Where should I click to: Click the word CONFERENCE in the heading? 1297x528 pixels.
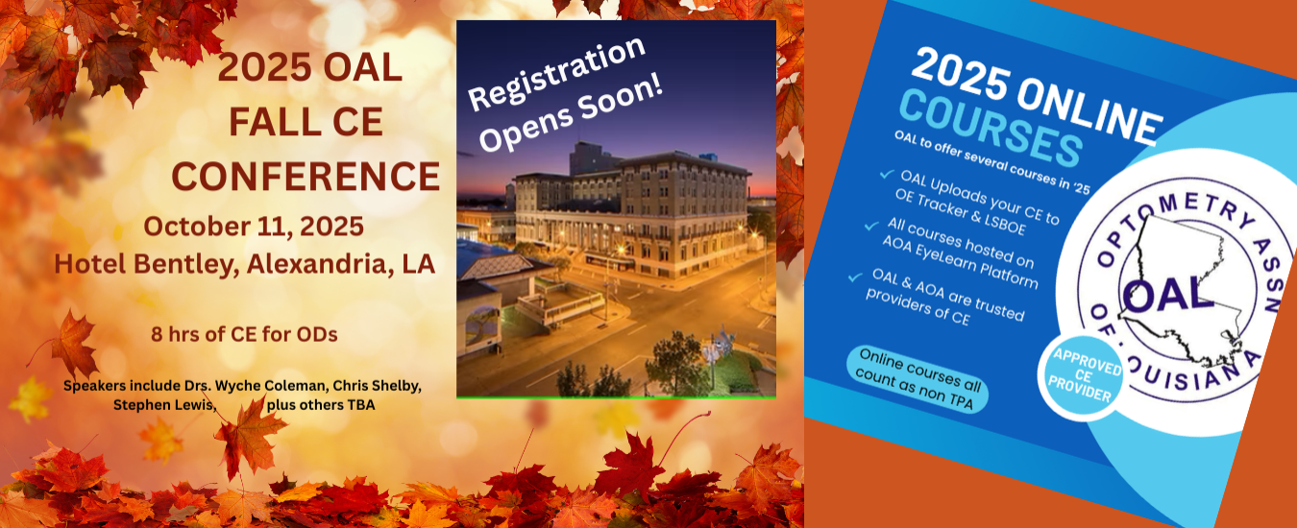[306, 177]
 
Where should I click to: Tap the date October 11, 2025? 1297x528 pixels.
[254, 227]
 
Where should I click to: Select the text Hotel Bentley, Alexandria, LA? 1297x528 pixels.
[244, 264]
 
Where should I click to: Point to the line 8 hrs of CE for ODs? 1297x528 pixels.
[244, 334]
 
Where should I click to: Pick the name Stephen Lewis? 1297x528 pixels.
[163, 405]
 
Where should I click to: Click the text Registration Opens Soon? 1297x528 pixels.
[565, 94]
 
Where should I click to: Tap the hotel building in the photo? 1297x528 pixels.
[634, 214]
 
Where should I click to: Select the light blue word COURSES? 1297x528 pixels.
[991, 129]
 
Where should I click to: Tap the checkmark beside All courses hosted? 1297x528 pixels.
[871, 226]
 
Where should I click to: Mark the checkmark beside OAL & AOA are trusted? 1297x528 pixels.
[856, 277]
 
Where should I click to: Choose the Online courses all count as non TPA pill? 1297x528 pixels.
[918, 379]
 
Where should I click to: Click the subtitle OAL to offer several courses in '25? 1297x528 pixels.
[991, 162]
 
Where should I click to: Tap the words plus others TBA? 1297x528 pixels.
[321, 405]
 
